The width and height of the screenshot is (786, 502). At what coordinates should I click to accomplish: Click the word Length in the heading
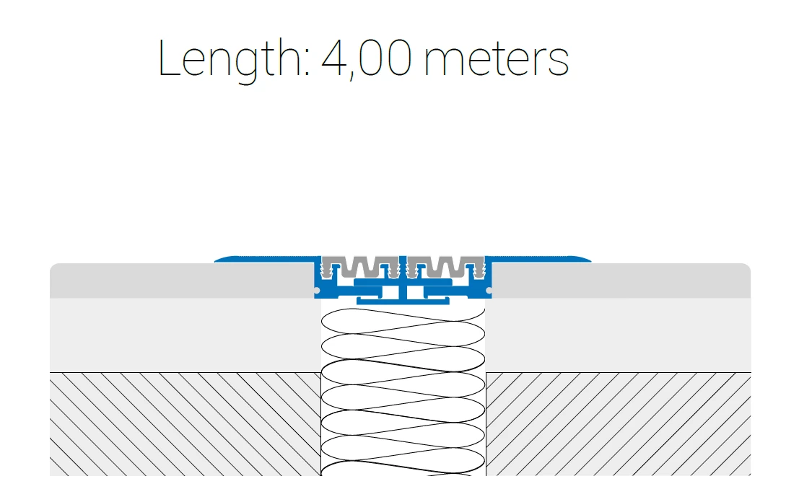pos(229,59)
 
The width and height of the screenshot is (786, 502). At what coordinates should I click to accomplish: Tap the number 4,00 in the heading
pos(367,58)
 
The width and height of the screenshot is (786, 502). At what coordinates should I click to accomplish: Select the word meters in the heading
pos(497,59)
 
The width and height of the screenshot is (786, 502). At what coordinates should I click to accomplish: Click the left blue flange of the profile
pos(266,259)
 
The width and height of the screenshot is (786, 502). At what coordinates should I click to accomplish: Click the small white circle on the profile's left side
pos(317,291)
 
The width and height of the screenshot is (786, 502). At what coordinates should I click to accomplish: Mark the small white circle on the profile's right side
pos(489,291)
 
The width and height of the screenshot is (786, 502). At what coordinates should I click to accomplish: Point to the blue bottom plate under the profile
pos(403,301)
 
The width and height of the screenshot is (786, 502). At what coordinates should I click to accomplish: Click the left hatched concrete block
pos(185,424)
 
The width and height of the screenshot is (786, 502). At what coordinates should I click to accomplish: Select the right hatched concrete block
pos(619,424)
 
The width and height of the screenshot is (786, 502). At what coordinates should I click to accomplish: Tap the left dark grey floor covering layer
pos(181,281)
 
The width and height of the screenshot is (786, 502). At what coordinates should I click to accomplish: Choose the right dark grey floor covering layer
pos(621,281)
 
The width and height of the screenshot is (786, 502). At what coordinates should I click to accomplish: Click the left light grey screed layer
pos(185,335)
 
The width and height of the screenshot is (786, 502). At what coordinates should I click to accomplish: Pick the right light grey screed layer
pos(619,335)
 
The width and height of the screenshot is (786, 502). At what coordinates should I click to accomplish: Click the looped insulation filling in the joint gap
pos(403,392)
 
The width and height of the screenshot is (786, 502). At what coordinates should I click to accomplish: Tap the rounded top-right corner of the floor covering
pos(748,267)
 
